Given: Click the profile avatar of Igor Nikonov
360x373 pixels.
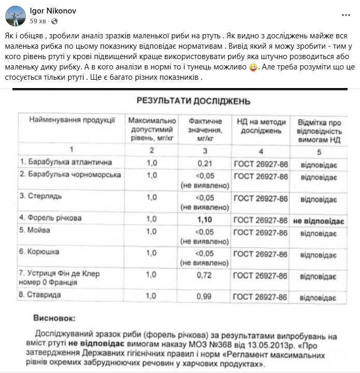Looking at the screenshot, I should pos(16,16).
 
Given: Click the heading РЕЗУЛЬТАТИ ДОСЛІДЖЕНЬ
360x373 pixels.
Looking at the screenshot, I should pos(193,101).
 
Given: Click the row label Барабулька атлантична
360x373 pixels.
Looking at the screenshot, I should pos(66,163).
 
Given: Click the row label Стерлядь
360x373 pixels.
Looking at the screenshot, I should pos(39,196).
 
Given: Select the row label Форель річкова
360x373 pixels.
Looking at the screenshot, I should pos(51,218).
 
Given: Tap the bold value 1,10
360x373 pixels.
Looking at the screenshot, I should pos(205,220).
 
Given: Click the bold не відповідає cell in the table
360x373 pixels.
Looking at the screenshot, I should pos(320,221).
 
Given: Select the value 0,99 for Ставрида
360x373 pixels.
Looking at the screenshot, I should pos(205,297).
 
